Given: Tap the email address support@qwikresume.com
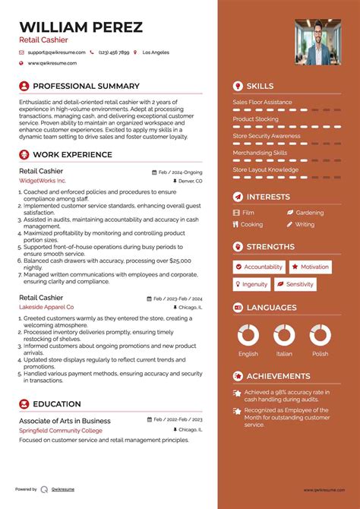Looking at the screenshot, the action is click(x=55, y=52).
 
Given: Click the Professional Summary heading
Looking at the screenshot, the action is click(x=86, y=86).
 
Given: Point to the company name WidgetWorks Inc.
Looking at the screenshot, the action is click(x=43, y=182).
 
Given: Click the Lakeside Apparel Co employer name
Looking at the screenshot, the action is click(x=46, y=307).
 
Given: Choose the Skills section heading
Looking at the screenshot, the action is click(x=260, y=86).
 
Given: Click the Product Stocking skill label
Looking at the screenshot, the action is click(x=255, y=119).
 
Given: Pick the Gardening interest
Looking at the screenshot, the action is click(x=309, y=213).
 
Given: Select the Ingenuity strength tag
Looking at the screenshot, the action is click(x=255, y=284).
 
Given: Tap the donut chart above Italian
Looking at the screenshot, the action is click(x=284, y=335).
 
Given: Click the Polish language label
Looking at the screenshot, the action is click(x=320, y=354).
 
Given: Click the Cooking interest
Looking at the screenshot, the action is click(x=251, y=224).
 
